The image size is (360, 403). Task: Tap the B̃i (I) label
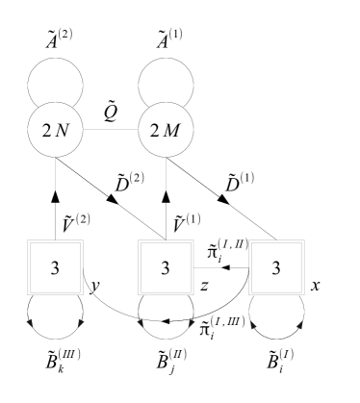[x=276, y=371]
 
